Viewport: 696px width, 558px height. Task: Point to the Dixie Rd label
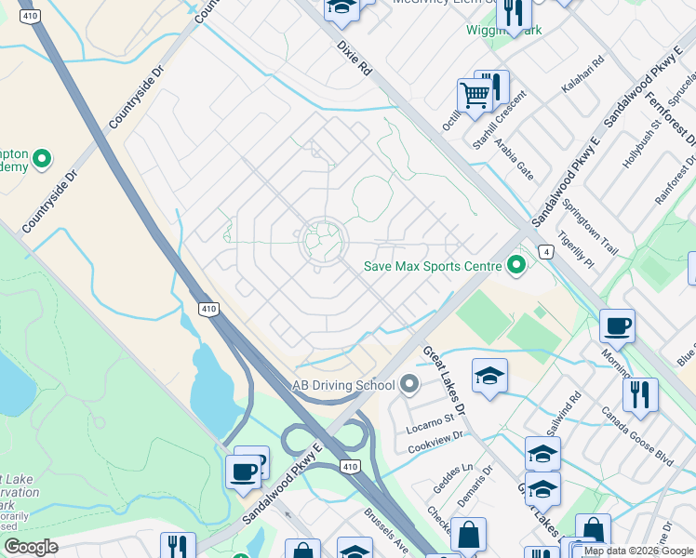[354, 58]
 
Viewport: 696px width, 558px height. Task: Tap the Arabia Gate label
[514, 158]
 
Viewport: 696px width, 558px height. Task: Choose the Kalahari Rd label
[582, 74]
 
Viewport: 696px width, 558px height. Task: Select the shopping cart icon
[475, 94]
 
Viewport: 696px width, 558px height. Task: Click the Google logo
[31, 547]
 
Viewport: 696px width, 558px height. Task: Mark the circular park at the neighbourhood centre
[323, 242]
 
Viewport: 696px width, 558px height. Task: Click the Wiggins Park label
[503, 30]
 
